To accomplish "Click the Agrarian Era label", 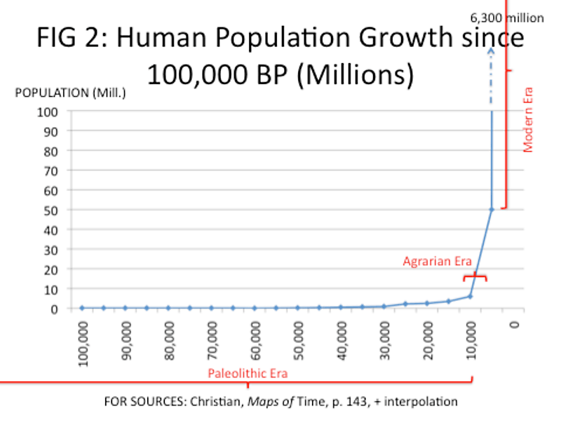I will [x=437, y=261].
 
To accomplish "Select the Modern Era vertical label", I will [x=529, y=119].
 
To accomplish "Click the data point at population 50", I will [x=492, y=209].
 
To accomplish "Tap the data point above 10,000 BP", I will [x=470, y=296].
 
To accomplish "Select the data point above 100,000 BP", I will [x=82, y=307].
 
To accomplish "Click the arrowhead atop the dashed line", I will [x=492, y=51].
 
